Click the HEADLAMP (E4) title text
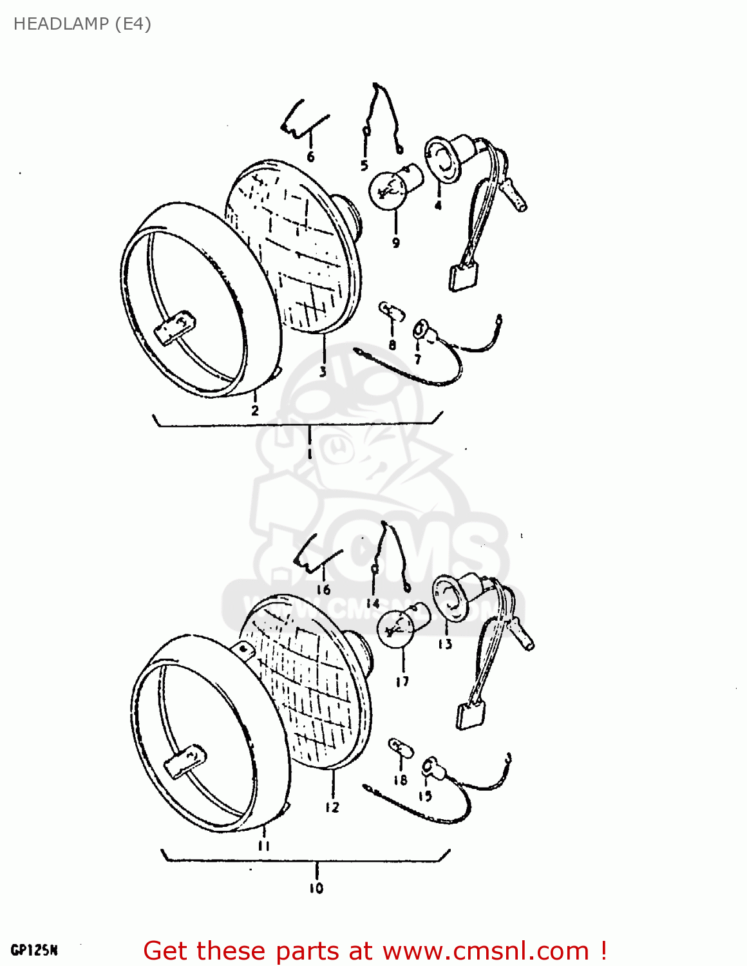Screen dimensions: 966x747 tap(82, 24)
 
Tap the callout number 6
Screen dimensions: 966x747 tap(310, 156)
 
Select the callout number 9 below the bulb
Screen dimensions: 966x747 tap(395, 242)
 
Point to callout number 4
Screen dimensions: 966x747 tap(438, 205)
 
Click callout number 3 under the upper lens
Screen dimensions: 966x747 tap(323, 372)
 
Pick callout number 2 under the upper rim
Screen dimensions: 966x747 tap(255, 410)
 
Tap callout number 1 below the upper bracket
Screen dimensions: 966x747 tap(310, 453)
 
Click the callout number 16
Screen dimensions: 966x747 tap(323, 589)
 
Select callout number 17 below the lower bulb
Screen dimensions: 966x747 tap(402, 681)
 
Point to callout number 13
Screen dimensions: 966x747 tap(445, 643)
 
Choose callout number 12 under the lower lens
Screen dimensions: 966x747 tap(332, 807)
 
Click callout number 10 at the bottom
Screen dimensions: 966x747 tap(316, 888)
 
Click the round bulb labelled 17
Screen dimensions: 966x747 tap(396, 627)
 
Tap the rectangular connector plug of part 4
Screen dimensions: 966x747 tap(464, 278)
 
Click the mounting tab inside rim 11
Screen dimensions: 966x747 tap(185, 760)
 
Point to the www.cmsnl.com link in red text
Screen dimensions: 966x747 tap(486, 951)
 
